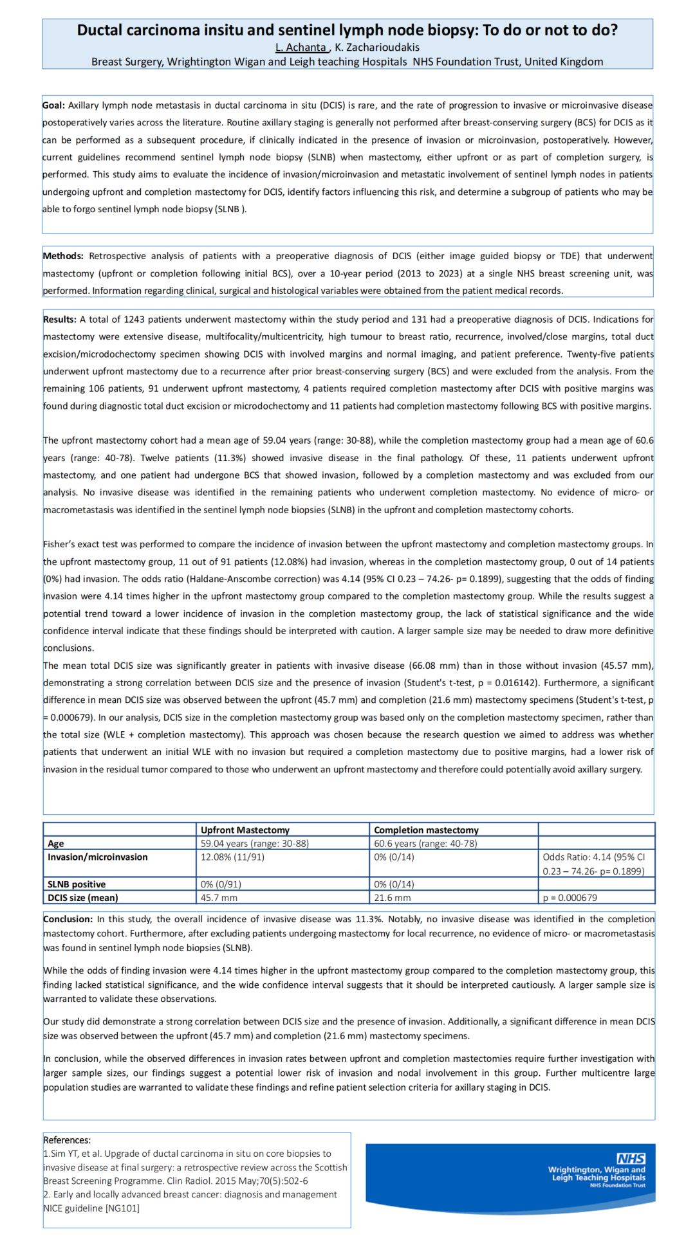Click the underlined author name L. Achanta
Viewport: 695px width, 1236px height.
[x=301, y=48]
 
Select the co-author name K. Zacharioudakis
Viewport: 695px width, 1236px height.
[x=377, y=48]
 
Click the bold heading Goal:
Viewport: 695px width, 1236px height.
[x=53, y=105]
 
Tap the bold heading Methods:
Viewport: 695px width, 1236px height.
[x=63, y=256]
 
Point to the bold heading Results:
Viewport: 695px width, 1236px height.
[x=60, y=320]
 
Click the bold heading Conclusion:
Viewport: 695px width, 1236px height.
[x=68, y=920]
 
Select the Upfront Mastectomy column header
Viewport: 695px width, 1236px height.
[x=245, y=830]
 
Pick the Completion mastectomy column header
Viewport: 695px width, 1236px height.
[x=426, y=830]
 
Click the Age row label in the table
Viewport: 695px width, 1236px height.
[x=56, y=844]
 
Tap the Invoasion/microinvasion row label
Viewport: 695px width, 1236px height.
[x=98, y=857]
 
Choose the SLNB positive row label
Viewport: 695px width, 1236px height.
[x=77, y=885]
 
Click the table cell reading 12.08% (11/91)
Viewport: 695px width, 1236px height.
[x=232, y=857]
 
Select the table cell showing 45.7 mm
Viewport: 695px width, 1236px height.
[x=219, y=898]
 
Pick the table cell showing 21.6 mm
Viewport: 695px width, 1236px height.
[x=392, y=898]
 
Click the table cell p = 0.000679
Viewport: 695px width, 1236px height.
[x=570, y=898]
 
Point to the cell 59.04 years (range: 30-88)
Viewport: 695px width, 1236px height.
[x=255, y=844]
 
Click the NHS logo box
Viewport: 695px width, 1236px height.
[x=631, y=1159]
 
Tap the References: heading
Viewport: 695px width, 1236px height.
[x=67, y=1140]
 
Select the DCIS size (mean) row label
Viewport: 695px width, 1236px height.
[x=83, y=898]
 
